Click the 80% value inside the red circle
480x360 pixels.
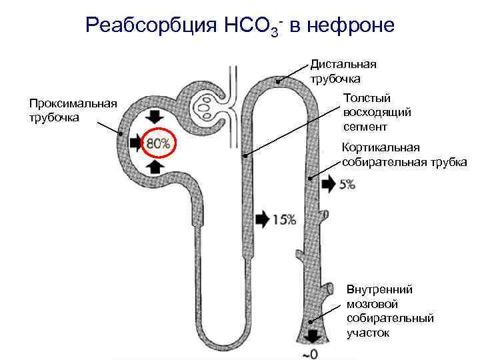pos(158,143)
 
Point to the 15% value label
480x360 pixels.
pos(285,219)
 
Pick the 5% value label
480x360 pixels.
pos(347,185)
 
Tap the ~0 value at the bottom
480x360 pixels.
pos(311,353)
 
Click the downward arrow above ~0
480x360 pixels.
pos(311,335)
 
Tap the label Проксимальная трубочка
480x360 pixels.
pos(73,110)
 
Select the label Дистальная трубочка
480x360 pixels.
pos(343,71)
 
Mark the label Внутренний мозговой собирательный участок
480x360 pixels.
pos(390,311)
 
